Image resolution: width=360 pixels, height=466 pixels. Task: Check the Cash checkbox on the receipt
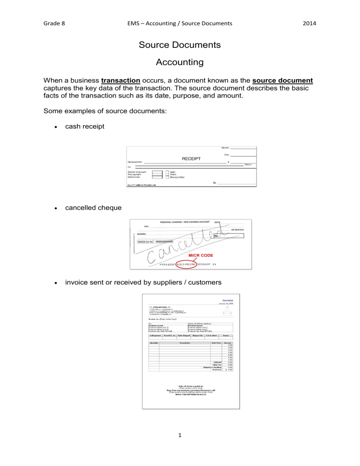tap(167, 172)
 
